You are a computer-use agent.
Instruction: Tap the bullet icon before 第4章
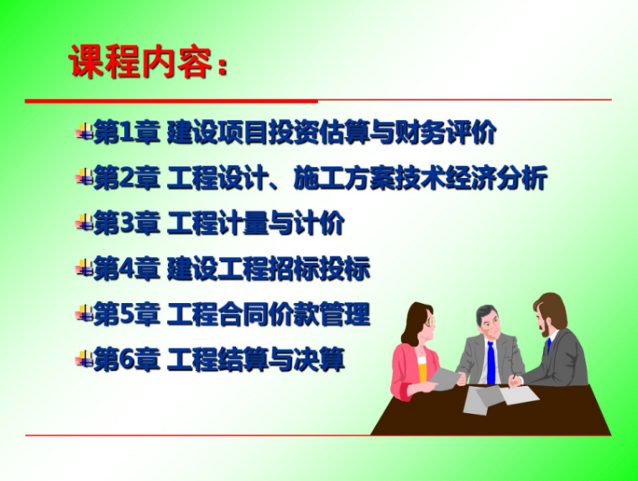pyautogui.click(x=83, y=269)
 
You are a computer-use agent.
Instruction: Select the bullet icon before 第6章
pyautogui.click(x=83, y=361)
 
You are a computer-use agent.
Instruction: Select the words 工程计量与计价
pyautogui.click(x=256, y=224)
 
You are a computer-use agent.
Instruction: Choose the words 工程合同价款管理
pyautogui.click(x=269, y=316)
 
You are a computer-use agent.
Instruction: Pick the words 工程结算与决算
pyautogui.click(x=256, y=361)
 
